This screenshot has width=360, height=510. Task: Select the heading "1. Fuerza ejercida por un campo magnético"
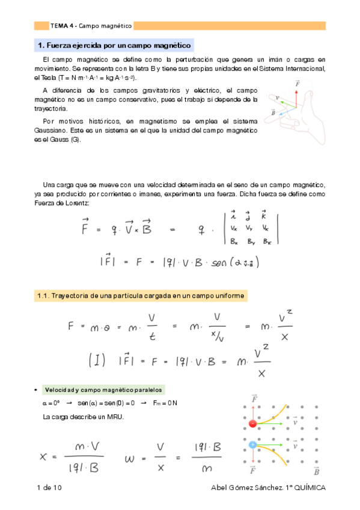[x=114, y=45]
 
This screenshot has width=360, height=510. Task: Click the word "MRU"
[x=113, y=416]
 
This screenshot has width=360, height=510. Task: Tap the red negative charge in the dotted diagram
[x=253, y=424]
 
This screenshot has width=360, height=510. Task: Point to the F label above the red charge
[x=254, y=399]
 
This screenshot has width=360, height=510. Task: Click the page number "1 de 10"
[x=49, y=487]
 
